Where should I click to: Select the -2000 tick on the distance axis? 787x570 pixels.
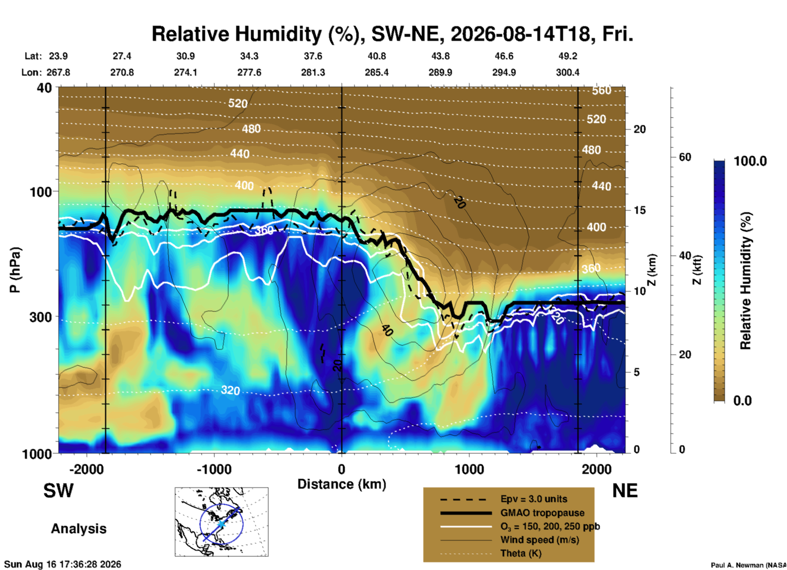pos(87,469)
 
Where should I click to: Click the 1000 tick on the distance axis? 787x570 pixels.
pos(469,469)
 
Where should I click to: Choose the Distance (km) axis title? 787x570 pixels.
pos(342,485)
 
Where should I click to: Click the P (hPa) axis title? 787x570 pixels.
pos(15,270)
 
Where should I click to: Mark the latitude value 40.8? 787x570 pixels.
pos(376,56)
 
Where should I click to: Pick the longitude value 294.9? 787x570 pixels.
pos(504,72)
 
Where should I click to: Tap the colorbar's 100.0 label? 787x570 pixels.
pos(750,161)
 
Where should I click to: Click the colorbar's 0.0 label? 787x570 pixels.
pos(742,400)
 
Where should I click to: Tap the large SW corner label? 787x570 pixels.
pos(58,491)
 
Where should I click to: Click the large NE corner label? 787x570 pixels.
pos(625,491)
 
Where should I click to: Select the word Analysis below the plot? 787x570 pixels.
pos(78,529)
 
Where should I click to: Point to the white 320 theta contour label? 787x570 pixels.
pos(230,390)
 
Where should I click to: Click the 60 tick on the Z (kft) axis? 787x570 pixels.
pos(685,157)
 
